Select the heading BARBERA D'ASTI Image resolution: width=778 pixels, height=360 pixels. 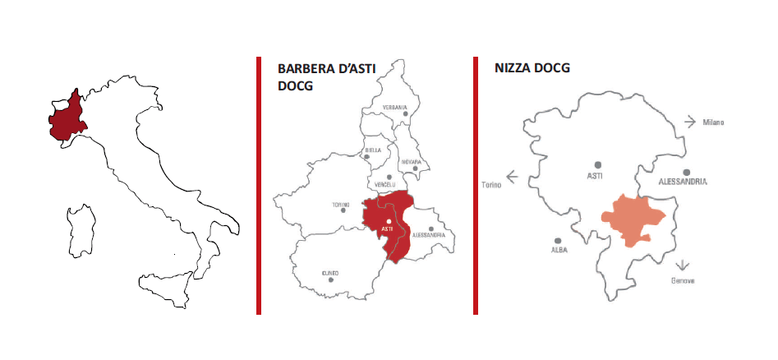326,70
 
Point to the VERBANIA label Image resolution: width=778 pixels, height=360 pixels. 394,108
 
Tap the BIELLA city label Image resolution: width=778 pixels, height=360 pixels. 373,150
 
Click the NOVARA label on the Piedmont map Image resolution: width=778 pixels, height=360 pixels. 411,162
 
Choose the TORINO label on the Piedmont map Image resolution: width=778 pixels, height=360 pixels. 341,203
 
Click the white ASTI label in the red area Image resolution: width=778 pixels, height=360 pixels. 388,228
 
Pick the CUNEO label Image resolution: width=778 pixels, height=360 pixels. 331,272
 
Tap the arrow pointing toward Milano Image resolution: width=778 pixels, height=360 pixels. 690,122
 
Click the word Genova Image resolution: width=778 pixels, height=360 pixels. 683,281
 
